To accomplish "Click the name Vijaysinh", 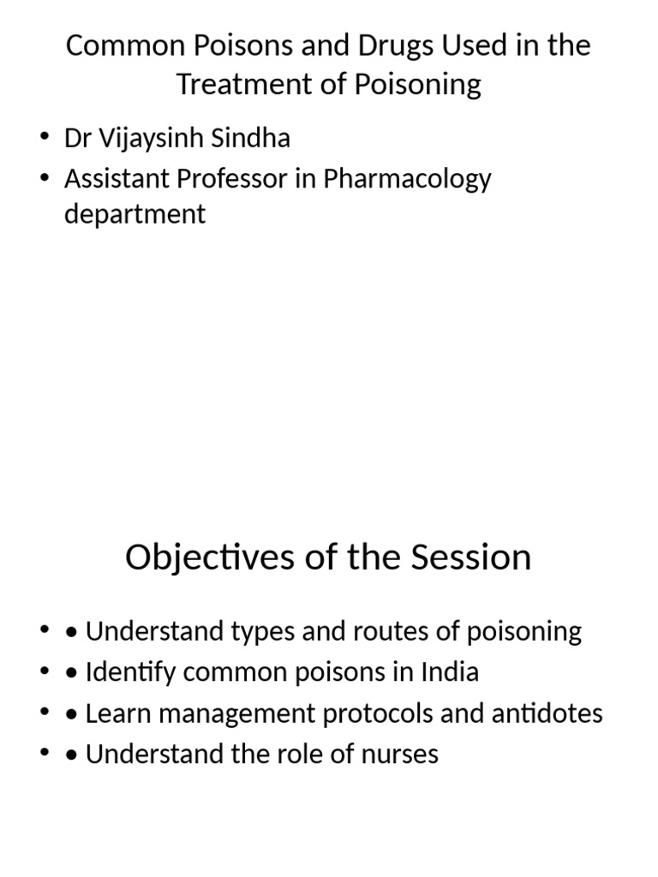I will pyautogui.click(x=153, y=139).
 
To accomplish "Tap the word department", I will pyautogui.click(x=135, y=214).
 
